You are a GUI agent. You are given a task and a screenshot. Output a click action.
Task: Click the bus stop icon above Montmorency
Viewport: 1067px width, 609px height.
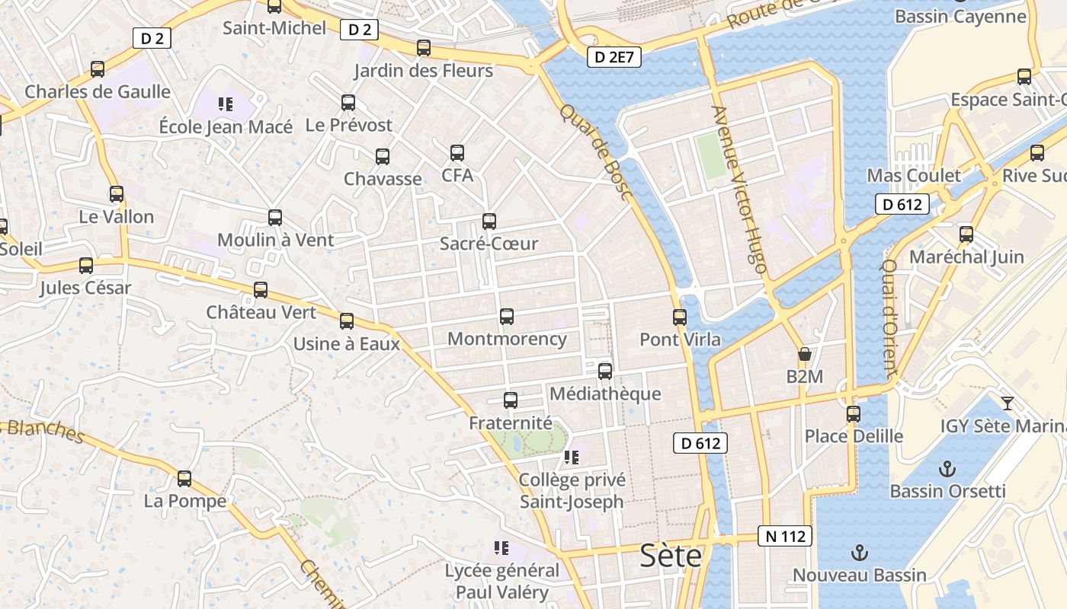(x=507, y=317)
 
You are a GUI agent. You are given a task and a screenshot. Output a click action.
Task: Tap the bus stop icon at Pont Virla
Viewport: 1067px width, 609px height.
(x=680, y=317)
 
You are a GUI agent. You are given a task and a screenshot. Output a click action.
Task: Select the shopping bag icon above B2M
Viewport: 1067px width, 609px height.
(x=804, y=354)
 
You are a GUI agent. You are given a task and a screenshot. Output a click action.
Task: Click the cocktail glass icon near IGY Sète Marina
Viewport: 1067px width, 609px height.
(x=1008, y=403)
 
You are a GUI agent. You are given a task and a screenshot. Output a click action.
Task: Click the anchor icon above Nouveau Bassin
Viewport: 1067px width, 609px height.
(x=860, y=552)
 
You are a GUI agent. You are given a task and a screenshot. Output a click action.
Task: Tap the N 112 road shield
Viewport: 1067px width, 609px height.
(x=785, y=537)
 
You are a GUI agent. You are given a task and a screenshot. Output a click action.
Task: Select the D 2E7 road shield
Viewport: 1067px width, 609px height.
(x=614, y=56)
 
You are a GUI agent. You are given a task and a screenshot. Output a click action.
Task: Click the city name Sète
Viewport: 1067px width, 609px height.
(x=671, y=556)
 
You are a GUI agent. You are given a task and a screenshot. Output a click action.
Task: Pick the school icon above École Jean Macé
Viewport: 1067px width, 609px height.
(x=225, y=104)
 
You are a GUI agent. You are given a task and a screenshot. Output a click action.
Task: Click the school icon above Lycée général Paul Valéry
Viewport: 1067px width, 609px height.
(x=501, y=547)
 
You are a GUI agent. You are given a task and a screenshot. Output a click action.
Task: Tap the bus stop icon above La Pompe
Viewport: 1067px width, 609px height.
(x=184, y=479)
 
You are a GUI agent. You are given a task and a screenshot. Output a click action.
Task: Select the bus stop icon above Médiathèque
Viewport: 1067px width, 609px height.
(x=605, y=371)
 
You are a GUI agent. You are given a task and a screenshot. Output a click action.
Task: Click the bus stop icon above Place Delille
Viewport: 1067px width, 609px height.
(x=854, y=414)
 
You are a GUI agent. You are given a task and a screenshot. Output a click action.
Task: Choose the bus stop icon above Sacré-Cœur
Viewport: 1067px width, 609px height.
(x=489, y=222)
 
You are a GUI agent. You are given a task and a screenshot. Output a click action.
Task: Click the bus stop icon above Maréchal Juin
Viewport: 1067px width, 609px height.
(x=966, y=234)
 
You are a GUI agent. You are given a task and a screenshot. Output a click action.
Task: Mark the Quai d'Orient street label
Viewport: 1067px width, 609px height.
(x=890, y=320)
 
